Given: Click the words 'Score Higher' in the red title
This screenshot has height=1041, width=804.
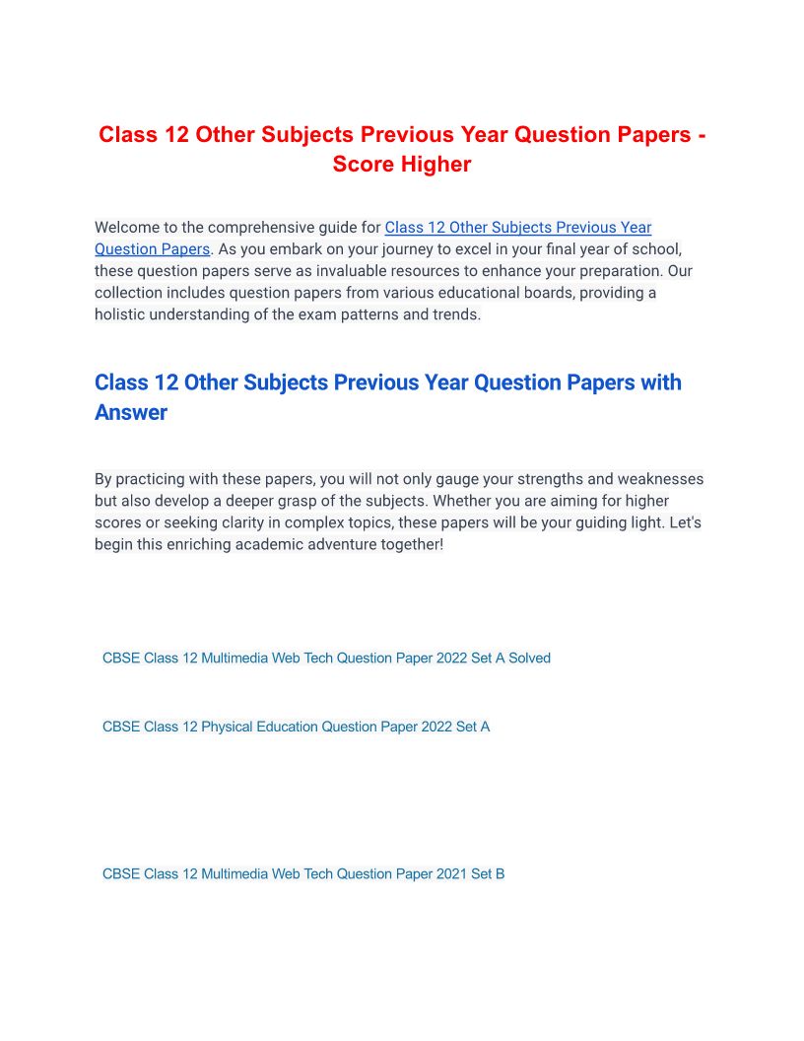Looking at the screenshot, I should click(x=402, y=165).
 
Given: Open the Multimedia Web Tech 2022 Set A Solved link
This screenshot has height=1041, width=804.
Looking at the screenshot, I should click(x=326, y=658).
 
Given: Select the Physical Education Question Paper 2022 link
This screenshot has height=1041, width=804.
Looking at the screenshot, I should click(x=296, y=727).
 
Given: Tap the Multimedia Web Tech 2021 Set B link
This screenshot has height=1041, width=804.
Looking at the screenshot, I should click(x=303, y=873).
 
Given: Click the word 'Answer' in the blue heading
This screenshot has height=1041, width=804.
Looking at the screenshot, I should click(x=131, y=412).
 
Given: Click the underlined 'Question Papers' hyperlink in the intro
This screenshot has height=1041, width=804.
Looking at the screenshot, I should click(x=152, y=249).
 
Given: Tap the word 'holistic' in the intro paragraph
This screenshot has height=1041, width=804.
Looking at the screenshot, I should click(x=122, y=314).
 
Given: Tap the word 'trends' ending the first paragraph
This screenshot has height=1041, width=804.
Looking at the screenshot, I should click(x=457, y=314).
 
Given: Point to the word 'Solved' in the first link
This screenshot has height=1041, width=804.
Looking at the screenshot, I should click(x=529, y=658).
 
